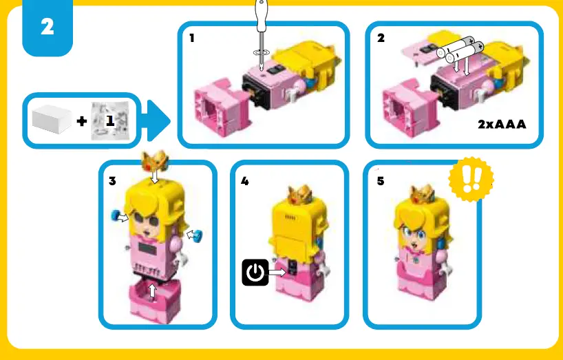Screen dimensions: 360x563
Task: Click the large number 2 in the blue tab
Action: click(x=47, y=28)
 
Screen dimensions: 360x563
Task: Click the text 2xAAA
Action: click(x=501, y=125)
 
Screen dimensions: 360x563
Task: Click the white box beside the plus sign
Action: click(x=52, y=120)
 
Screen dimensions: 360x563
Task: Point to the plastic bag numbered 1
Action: click(x=109, y=122)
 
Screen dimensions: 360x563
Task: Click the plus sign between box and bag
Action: click(x=82, y=122)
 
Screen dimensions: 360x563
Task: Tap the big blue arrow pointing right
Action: click(x=158, y=122)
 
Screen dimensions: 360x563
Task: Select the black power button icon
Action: click(x=255, y=273)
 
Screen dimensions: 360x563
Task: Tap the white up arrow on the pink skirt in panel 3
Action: click(x=153, y=291)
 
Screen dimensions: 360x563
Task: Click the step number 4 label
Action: click(x=245, y=182)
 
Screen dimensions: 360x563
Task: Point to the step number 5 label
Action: click(x=381, y=182)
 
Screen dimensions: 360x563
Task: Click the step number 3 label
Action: click(x=112, y=182)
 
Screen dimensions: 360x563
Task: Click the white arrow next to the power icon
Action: click(x=277, y=273)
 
